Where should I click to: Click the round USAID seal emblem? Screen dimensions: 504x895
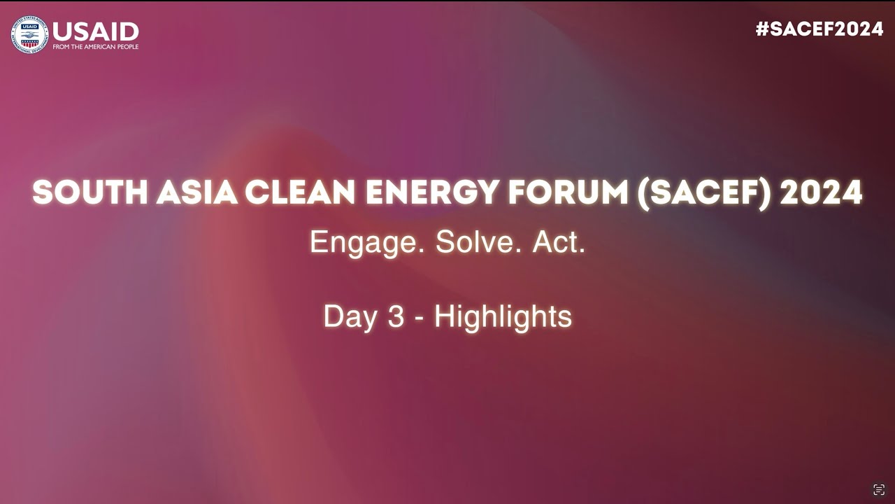[29, 34]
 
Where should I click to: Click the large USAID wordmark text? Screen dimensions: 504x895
[96, 31]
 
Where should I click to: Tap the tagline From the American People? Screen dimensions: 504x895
[96, 47]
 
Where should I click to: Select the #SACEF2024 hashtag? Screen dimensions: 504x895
[819, 29]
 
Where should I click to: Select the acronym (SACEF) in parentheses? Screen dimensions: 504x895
[703, 193]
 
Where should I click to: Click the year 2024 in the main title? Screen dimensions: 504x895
[821, 193]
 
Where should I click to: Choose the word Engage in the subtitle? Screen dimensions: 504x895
[368, 243]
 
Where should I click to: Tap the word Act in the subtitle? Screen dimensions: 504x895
[558, 242]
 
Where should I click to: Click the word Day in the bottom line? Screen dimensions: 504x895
[350, 317]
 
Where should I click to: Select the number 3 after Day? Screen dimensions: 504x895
[396, 317]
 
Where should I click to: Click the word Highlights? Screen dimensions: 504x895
[503, 317]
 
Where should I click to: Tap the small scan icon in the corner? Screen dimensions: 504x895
[879, 489]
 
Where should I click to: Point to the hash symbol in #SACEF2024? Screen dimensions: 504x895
[762, 29]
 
